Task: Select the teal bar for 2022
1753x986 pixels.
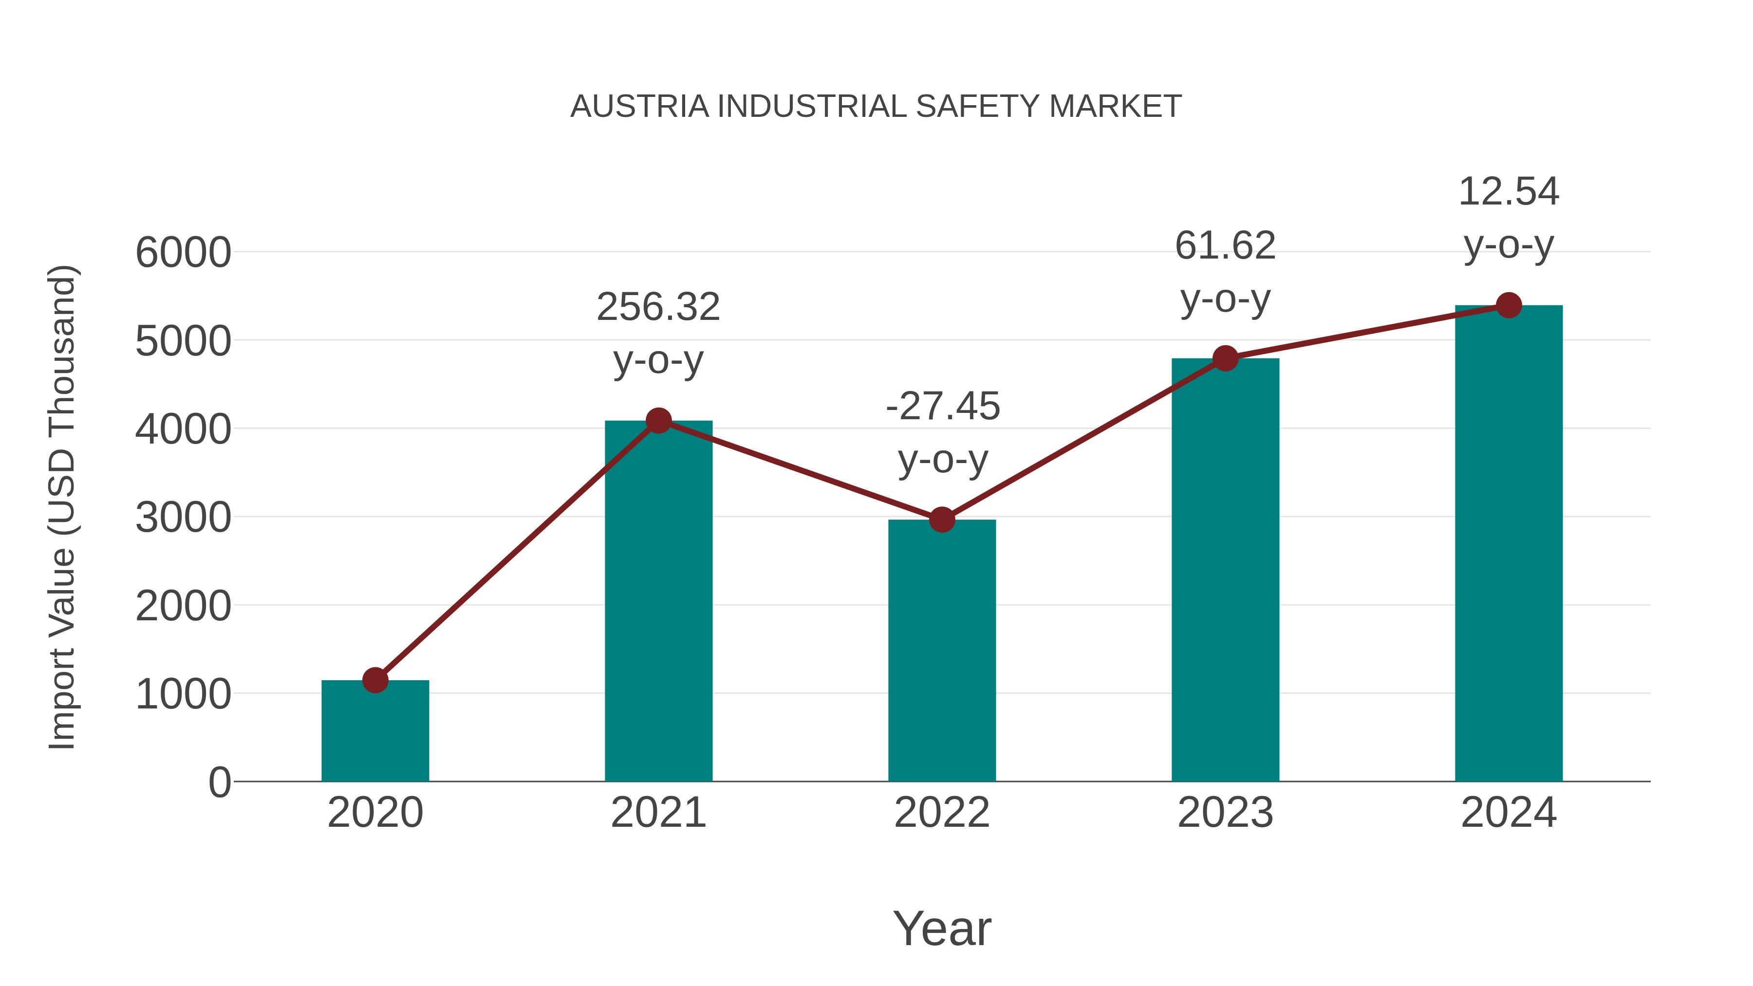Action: (x=942, y=653)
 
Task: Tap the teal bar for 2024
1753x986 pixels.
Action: (x=1509, y=544)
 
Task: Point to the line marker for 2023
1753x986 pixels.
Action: (x=1226, y=358)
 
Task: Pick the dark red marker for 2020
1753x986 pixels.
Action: (x=375, y=680)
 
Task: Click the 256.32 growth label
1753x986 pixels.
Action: (x=658, y=307)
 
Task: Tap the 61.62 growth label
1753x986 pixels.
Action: (x=1225, y=246)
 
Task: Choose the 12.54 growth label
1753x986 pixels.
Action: (x=1509, y=192)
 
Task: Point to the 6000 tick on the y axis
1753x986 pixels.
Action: (x=183, y=252)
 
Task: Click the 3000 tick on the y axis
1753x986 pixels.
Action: (x=183, y=518)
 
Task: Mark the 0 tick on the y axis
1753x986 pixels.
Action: (x=219, y=782)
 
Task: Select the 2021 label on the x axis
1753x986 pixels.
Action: (x=658, y=813)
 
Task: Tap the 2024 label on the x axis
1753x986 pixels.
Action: (x=1509, y=813)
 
